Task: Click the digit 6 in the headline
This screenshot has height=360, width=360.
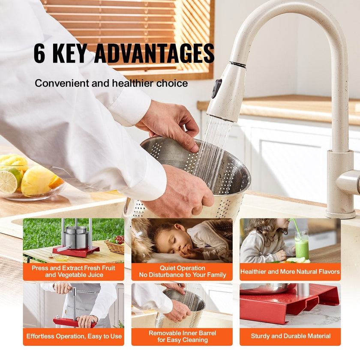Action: click(x=39, y=53)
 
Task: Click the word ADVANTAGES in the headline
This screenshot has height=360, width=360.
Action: click(x=154, y=53)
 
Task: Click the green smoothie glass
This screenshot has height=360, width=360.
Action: click(x=301, y=245)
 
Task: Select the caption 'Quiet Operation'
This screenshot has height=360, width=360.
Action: click(x=182, y=268)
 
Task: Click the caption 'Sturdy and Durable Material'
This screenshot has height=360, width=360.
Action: click(x=291, y=336)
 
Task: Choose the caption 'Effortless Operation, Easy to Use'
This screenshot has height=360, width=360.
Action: click(x=74, y=336)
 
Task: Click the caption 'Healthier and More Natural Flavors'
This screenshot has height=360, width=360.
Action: click(x=290, y=272)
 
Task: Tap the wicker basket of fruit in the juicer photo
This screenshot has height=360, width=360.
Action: click(x=115, y=246)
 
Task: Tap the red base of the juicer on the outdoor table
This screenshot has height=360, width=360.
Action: click(x=76, y=251)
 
